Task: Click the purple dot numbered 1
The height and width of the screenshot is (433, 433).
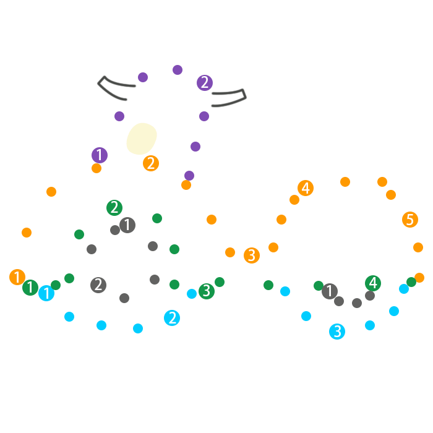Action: pyautogui.click(x=100, y=155)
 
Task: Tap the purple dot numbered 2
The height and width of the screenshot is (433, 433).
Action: pyautogui.click(x=205, y=83)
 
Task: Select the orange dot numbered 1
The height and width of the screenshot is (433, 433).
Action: pyautogui.click(x=17, y=277)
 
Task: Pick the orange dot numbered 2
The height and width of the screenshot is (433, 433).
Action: pyautogui.click(x=151, y=163)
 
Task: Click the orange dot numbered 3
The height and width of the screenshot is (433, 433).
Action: pyautogui.click(x=252, y=255)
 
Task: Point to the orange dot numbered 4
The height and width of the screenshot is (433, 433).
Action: pyautogui.click(x=306, y=188)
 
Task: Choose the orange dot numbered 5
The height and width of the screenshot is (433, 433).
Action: pyautogui.click(x=409, y=220)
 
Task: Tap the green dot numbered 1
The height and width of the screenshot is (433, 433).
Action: pyautogui.click(x=30, y=288)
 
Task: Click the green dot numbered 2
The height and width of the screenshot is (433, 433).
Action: pyautogui.click(x=114, y=208)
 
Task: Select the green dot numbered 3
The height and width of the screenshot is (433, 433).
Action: pyautogui.click(x=207, y=291)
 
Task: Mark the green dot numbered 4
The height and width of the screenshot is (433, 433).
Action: pyautogui.click(x=373, y=283)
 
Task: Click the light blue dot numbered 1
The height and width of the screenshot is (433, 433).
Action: pyautogui.click(x=46, y=293)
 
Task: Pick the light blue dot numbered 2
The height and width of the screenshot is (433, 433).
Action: pyautogui.click(x=172, y=318)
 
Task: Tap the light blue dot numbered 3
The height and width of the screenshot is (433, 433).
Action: pyautogui.click(x=337, y=332)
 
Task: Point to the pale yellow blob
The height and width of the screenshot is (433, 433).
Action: pyautogui.click(x=142, y=139)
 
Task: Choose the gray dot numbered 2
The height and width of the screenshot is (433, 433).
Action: pyautogui.click(x=98, y=285)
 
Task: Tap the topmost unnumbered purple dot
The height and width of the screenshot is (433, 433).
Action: pyautogui.click(x=178, y=70)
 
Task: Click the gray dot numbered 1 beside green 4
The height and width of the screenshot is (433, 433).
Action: pyautogui.click(x=330, y=291)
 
